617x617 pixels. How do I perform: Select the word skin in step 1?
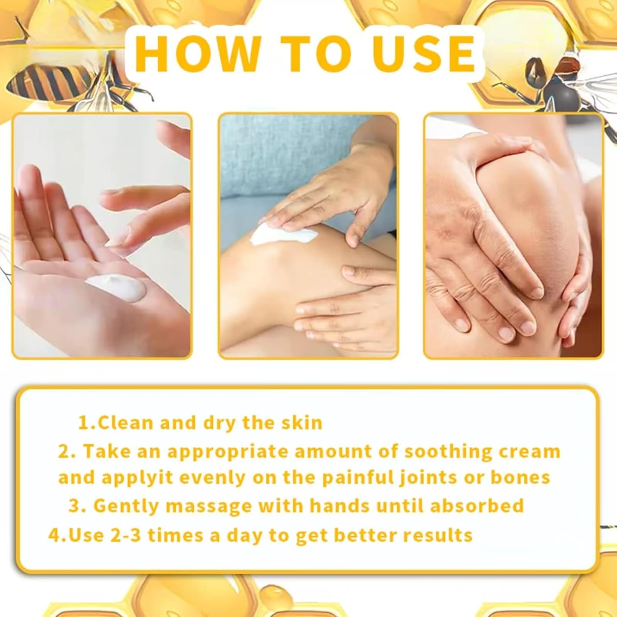click(x=302, y=423)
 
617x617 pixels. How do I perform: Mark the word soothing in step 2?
click(x=448, y=451)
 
